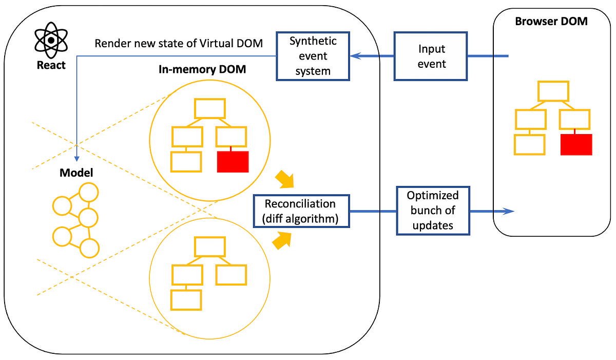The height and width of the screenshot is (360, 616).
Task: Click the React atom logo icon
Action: [51, 40]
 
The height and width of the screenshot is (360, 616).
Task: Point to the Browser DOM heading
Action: [551, 21]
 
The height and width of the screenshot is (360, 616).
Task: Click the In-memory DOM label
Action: [202, 69]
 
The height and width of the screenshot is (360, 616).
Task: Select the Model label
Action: [76, 173]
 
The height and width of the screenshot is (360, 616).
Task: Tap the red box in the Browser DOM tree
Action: [576, 145]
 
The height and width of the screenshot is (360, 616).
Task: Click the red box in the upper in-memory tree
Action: [233, 162]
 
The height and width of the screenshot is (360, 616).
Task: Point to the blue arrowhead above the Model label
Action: [76, 159]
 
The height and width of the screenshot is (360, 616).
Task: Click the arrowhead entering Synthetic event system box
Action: [355, 56]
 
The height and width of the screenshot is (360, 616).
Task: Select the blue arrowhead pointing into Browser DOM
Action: [509, 211]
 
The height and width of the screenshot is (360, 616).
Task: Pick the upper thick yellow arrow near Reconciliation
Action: [285, 180]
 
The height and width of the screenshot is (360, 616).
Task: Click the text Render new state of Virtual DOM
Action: [179, 44]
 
